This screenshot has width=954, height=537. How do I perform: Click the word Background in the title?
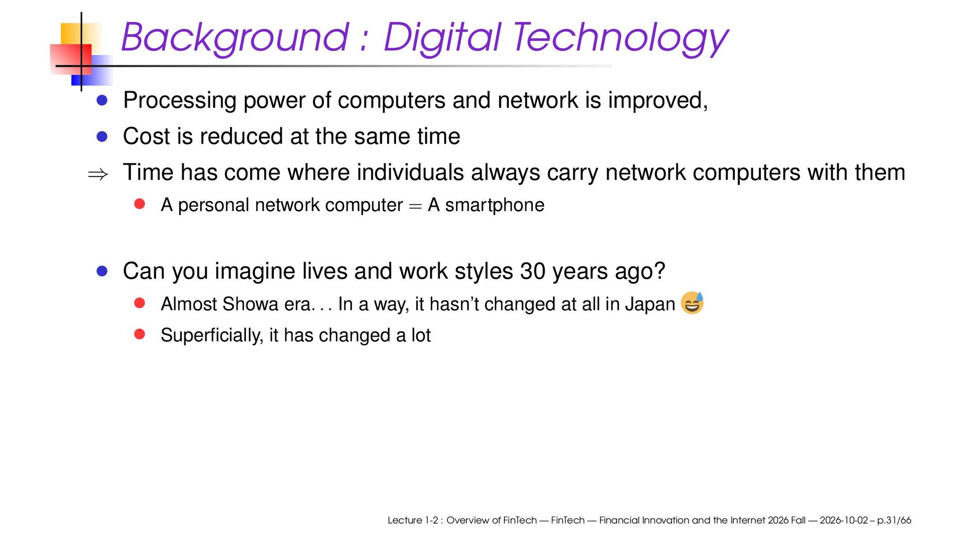tap(235, 38)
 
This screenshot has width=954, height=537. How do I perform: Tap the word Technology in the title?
tap(620, 38)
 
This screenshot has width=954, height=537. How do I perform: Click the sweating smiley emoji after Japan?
tap(692, 303)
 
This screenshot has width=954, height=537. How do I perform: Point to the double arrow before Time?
tap(98, 174)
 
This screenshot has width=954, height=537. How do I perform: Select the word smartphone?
tap(494, 205)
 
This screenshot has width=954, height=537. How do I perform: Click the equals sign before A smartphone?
tap(415, 206)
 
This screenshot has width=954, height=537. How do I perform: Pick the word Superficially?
tap(212, 335)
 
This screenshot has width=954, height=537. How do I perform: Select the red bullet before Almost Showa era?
tap(140, 303)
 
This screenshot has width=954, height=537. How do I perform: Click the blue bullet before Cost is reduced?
tap(102, 137)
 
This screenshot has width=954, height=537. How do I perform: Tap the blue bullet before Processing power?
tap(102, 101)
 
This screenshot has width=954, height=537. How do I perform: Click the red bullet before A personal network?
tap(140, 204)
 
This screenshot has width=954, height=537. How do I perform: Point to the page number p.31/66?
tap(894, 520)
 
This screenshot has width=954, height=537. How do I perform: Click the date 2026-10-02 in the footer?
tap(844, 520)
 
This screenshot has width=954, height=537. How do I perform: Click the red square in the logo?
tap(71, 59)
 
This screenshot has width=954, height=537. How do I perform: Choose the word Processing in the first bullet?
tap(180, 101)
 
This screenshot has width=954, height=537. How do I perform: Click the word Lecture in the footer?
tap(404, 520)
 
